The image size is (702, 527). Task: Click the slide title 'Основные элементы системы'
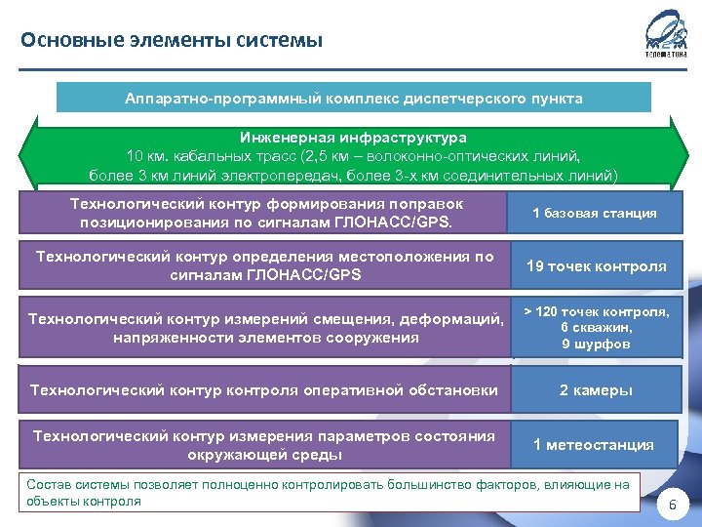(171, 40)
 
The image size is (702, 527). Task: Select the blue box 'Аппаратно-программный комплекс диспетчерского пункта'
(353, 99)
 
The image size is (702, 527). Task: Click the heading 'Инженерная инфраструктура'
(353, 139)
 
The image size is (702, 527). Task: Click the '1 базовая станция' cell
(594, 213)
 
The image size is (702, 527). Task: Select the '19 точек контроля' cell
(596, 266)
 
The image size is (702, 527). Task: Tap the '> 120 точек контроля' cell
(596, 311)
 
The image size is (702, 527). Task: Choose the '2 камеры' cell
(595, 390)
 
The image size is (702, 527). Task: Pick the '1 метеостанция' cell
(594, 445)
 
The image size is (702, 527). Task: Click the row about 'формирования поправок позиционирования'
(266, 213)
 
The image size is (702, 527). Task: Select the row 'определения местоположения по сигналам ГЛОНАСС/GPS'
(264, 266)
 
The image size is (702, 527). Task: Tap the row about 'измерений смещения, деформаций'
(266, 328)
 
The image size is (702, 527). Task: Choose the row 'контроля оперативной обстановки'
(264, 390)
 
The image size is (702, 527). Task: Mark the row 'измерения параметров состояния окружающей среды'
(264, 445)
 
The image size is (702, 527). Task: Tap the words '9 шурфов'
(596, 344)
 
